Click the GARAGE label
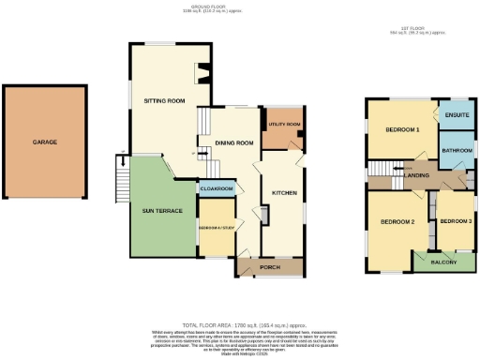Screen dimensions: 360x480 point(45,142)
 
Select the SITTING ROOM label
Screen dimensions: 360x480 point(163,100)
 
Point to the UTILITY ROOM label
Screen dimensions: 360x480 point(283,124)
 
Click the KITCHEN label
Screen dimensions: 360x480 point(284,191)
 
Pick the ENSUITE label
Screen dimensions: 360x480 point(457,115)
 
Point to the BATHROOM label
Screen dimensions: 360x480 point(457,150)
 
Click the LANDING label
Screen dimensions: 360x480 point(417,174)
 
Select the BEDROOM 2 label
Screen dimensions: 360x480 point(397,221)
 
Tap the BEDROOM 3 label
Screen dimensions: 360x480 point(455,220)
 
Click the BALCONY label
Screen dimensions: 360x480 point(443,262)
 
